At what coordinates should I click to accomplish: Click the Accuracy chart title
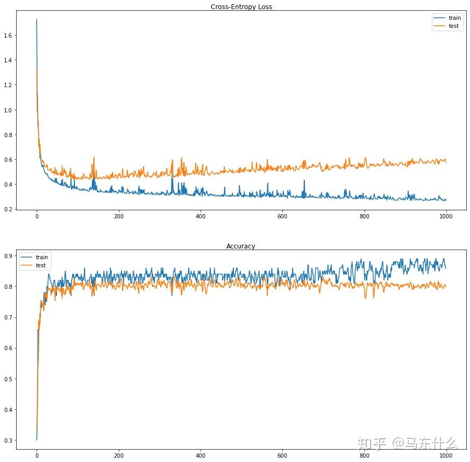(x=240, y=246)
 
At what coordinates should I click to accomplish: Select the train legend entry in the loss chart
(x=454, y=18)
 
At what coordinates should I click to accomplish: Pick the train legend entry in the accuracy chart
(x=40, y=258)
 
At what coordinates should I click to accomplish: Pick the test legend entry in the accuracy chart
(x=40, y=266)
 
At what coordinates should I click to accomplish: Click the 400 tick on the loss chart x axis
(x=201, y=216)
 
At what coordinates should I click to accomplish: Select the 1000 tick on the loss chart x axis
(x=446, y=216)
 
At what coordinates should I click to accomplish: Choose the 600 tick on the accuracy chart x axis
(x=282, y=454)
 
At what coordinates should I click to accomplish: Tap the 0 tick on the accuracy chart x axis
(x=37, y=454)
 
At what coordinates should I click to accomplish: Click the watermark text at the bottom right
(x=407, y=444)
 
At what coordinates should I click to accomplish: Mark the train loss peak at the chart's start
(x=37, y=20)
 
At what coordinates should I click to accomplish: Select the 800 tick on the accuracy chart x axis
(x=364, y=454)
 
